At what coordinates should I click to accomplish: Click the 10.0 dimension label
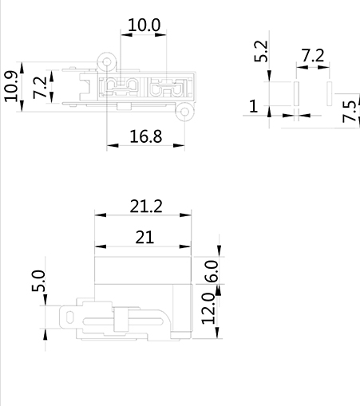(144, 26)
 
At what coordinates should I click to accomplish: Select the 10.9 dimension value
(12, 86)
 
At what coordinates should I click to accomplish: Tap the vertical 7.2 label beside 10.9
(40, 88)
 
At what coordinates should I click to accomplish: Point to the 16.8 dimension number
(146, 136)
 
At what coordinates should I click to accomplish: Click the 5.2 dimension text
(261, 51)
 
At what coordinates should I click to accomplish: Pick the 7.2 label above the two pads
(313, 55)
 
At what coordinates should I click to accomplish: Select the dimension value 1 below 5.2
(254, 106)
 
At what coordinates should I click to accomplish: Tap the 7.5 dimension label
(350, 112)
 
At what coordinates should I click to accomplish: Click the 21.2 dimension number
(146, 206)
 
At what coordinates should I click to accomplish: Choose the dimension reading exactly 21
(144, 237)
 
